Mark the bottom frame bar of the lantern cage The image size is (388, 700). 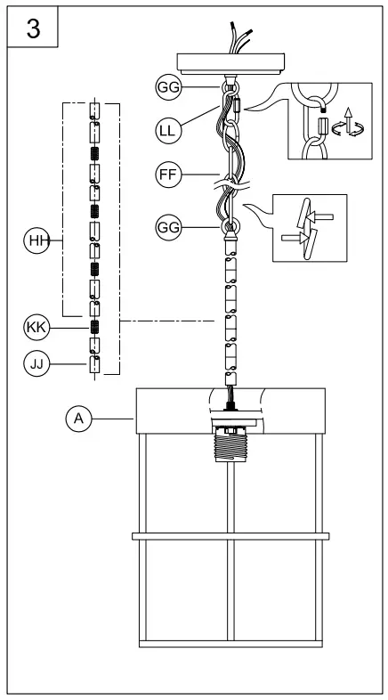230,643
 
